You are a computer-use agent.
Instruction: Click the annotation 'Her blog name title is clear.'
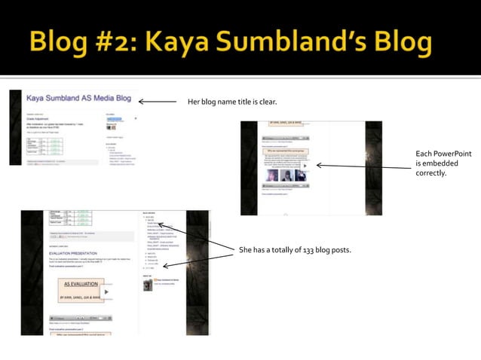point(231,101)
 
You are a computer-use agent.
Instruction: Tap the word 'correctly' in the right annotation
point(431,172)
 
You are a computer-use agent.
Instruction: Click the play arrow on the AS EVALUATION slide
point(107,292)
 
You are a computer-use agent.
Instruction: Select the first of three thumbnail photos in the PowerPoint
point(270,175)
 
